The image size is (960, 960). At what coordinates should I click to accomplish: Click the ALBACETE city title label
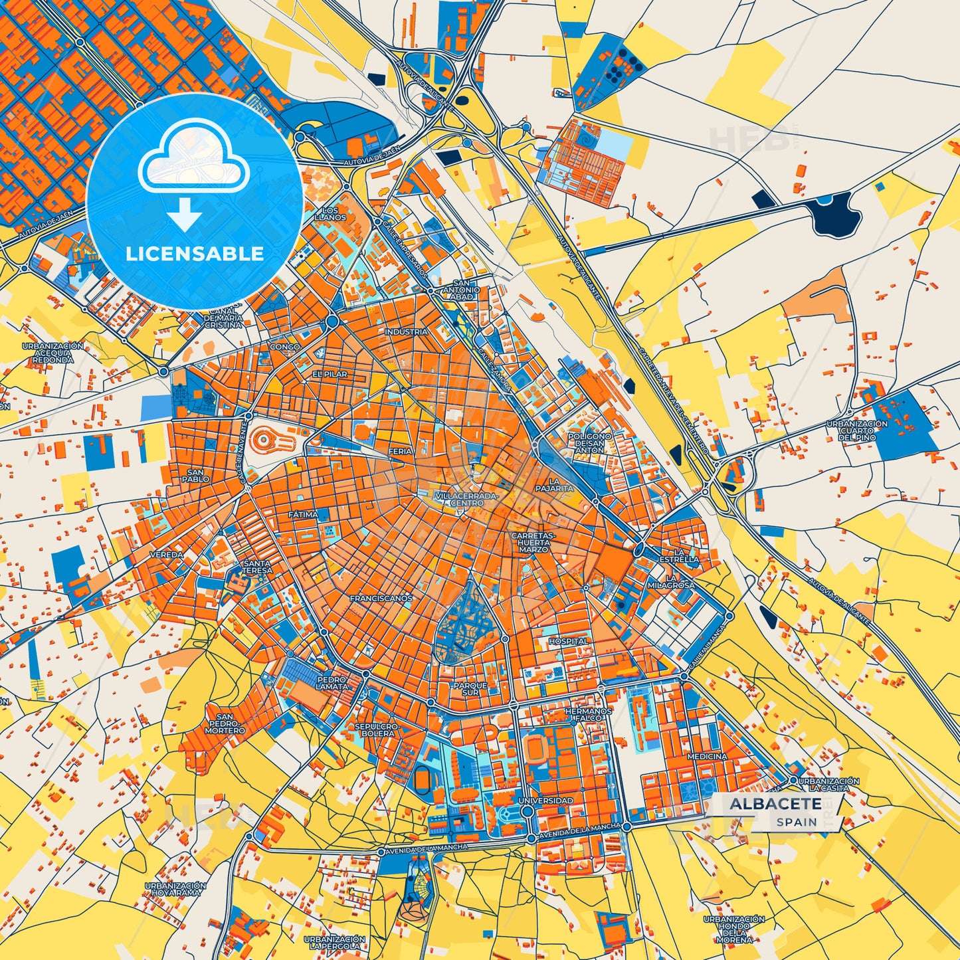[775, 804]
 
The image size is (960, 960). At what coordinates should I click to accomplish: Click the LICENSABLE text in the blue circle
[195, 253]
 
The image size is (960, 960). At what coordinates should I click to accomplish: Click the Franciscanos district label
[381, 599]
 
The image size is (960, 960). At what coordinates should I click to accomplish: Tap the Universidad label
[545, 801]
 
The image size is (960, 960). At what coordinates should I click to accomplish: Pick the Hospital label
[568, 641]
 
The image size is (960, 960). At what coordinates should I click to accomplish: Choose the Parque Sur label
[470, 689]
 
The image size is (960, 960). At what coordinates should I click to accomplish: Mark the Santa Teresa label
[257, 567]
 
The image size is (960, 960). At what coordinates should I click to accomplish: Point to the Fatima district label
[303, 515]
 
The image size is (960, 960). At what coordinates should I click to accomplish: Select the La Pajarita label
[554, 484]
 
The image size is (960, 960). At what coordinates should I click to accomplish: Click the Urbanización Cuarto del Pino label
[857, 431]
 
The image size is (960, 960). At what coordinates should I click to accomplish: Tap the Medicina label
[707, 757]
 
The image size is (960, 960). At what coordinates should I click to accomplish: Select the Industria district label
[407, 332]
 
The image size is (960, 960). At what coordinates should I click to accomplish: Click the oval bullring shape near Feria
[270, 438]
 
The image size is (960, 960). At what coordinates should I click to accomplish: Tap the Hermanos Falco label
[588, 715]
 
